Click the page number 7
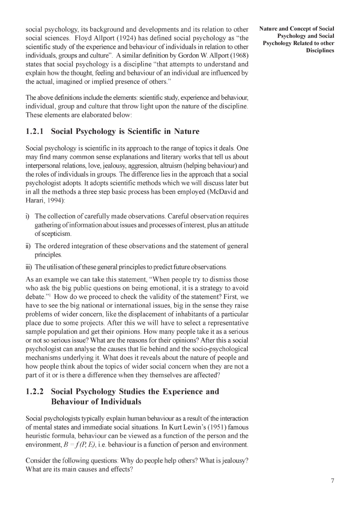pyautogui.click(x=332, y=481)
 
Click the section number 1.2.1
pyautogui.click(x=34, y=131)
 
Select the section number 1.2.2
pyautogui.click(x=34, y=391)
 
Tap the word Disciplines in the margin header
pyautogui.click(x=320, y=50)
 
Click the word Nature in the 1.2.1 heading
pyautogui.click(x=187, y=131)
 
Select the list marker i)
pyautogui.click(x=28, y=216)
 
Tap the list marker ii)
pyautogui.click(x=28, y=246)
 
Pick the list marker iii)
pyautogui.click(x=29, y=267)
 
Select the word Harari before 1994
pyautogui.click(x=35, y=201)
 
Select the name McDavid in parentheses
pyautogui.click(x=222, y=192)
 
